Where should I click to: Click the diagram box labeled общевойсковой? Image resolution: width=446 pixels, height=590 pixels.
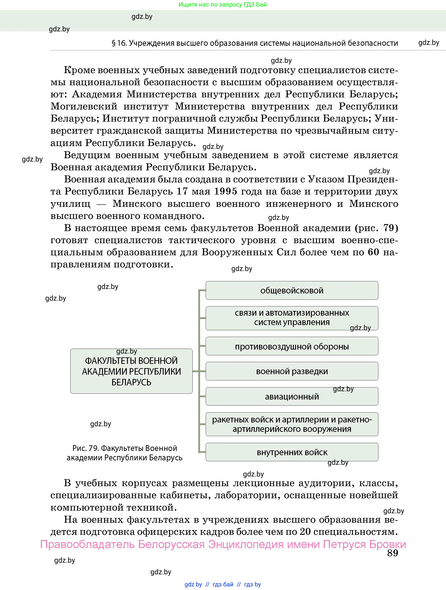[292, 291]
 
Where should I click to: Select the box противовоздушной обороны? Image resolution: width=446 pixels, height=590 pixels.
[292, 346]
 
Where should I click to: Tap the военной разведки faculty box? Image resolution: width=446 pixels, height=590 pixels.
[292, 371]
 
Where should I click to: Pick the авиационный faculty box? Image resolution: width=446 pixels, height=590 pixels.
[292, 397]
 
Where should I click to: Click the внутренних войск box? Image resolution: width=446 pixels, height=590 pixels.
[292, 452]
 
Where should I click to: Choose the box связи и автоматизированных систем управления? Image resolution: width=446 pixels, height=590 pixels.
[292, 318]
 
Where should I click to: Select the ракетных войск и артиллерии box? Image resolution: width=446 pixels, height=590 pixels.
[292, 424]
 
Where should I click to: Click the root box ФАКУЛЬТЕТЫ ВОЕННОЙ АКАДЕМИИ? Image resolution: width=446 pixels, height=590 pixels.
[131, 371]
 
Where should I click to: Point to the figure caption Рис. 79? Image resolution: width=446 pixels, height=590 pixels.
[124, 453]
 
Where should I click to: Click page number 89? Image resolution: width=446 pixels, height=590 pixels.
[392, 553]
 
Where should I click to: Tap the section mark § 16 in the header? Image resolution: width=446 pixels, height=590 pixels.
[119, 43]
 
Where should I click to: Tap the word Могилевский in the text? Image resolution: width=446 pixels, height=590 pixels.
[84, 106]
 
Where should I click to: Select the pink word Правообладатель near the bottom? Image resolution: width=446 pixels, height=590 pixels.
[87, 544]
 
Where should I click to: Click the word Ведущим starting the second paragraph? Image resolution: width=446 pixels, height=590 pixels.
[87, 155]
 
